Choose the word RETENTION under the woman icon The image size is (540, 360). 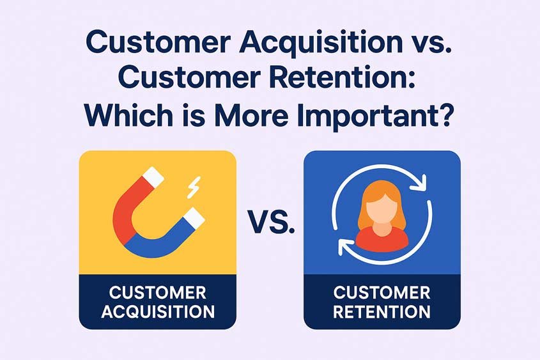coord(382,312)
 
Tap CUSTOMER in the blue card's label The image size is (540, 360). coord(382,293)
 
